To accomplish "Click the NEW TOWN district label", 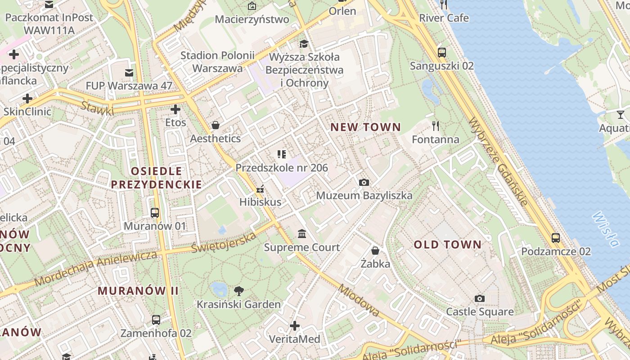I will [x=365, y=127].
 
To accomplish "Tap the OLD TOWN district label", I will [x=447, y=245].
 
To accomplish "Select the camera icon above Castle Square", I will [x=480, y=298].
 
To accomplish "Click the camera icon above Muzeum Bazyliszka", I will [x=364, y=182].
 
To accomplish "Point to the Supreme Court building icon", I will [x=302, y=234].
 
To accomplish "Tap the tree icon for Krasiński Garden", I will [x=238, y=291].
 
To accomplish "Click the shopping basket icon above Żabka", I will [x=375, y=250].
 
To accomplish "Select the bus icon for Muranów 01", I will [x=155, y=212].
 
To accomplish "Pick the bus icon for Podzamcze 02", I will [x=556, y=238].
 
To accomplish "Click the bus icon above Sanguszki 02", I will [x=442, y=52].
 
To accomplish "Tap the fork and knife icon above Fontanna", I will [x=435, y=126].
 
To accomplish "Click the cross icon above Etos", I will [x=175, y=109].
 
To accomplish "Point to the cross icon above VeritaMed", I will [x=295, y=325].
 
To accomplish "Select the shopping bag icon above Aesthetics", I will [x=216, y=125].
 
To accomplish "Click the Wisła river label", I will [x=606, y=229].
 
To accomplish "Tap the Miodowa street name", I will [x=360, y=300].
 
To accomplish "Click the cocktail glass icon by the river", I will [x=621, y=115].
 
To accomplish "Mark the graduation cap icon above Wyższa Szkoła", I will [x=304, y=44].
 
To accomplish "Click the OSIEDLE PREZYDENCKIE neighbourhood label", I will [x=156, y=178].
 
